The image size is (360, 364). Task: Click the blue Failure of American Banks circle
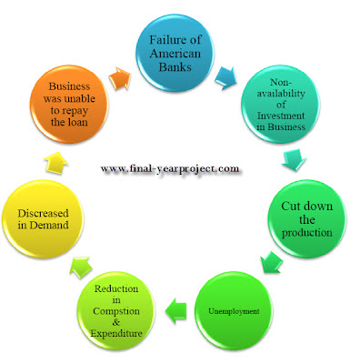(x=175, y=54)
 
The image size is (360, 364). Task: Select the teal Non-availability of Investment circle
(x=281, y=105)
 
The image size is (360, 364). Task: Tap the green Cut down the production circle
(x=307, y=219)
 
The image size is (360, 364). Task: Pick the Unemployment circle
(x=234, y=311)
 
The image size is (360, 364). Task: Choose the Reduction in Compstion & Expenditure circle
(x=116, y=311)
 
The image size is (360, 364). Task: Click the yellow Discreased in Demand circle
(x=43, y=219)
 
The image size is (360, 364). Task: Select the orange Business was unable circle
(x=69, y=105)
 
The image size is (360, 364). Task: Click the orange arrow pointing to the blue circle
(x=120, y=78)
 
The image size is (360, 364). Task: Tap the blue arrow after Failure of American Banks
(x=225, y=77)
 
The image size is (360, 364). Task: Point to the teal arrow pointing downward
(x=294, y=159)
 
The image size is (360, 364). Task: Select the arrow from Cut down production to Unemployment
(x=271, y=262)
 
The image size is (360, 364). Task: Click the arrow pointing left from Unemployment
(x=175, y=310)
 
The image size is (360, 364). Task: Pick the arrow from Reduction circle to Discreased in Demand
(x=81, y=267)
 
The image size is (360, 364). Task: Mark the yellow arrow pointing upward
(x=56, y=163)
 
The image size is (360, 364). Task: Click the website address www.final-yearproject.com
(x=170, y=168)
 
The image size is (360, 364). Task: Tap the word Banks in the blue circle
(x=175, y=66)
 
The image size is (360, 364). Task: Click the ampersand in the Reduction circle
(x=116, y=322)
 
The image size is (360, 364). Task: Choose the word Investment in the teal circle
(x=281, y=116)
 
